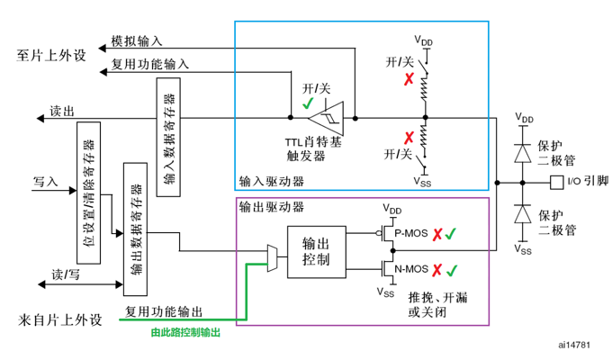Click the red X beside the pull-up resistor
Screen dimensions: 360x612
coord(408,79)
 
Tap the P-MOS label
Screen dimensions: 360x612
coord(409,232)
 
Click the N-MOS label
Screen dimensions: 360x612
coord(410,268)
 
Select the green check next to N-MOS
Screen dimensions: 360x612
coord(452,269)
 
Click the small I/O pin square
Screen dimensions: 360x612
coord(556,183)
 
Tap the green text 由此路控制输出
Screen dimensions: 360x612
coord(186,332)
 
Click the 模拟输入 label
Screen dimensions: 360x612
coord(137,41)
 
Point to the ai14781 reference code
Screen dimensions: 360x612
coord(572,344)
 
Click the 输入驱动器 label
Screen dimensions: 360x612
coord(271,180)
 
